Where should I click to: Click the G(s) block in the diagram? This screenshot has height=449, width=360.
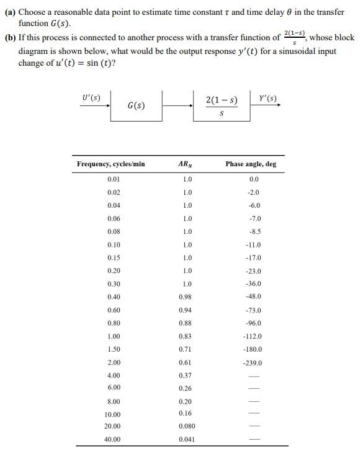136,105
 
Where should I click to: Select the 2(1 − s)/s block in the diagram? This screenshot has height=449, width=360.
222,106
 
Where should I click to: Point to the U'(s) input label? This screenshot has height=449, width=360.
89,97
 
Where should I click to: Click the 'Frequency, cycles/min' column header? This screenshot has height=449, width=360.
110,164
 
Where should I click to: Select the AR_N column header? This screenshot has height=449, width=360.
185,164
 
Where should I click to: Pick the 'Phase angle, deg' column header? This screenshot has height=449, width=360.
251,164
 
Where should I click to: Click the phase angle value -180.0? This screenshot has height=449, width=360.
253,349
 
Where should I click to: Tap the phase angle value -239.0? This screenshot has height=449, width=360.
253,363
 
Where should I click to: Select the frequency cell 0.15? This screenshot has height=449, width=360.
114,257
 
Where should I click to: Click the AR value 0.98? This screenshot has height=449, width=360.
185,296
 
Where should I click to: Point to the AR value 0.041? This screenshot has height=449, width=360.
186,439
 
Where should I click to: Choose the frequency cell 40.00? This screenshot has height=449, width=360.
112,439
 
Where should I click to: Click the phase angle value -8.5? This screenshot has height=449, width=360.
253,231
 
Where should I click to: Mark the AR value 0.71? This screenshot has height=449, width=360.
185,349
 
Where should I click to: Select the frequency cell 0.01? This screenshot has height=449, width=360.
114,179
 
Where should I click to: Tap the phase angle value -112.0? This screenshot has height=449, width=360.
253,336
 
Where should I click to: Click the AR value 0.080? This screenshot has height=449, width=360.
186,426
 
